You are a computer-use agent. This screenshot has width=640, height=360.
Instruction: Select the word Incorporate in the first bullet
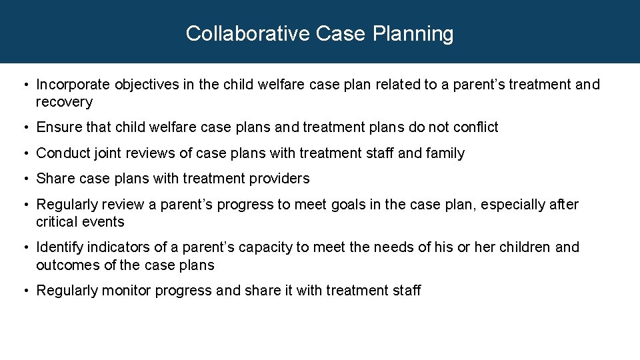point(73,85)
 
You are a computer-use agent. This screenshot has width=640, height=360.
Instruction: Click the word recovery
point(64,102)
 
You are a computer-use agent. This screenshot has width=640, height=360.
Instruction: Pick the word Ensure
point(57,127)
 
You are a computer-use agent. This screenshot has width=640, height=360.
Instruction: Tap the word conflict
point(475,127)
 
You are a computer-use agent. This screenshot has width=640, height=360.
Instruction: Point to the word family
point(445,153)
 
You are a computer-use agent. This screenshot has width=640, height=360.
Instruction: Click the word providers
point(281,179)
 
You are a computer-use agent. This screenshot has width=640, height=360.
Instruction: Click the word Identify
point(59,247)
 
